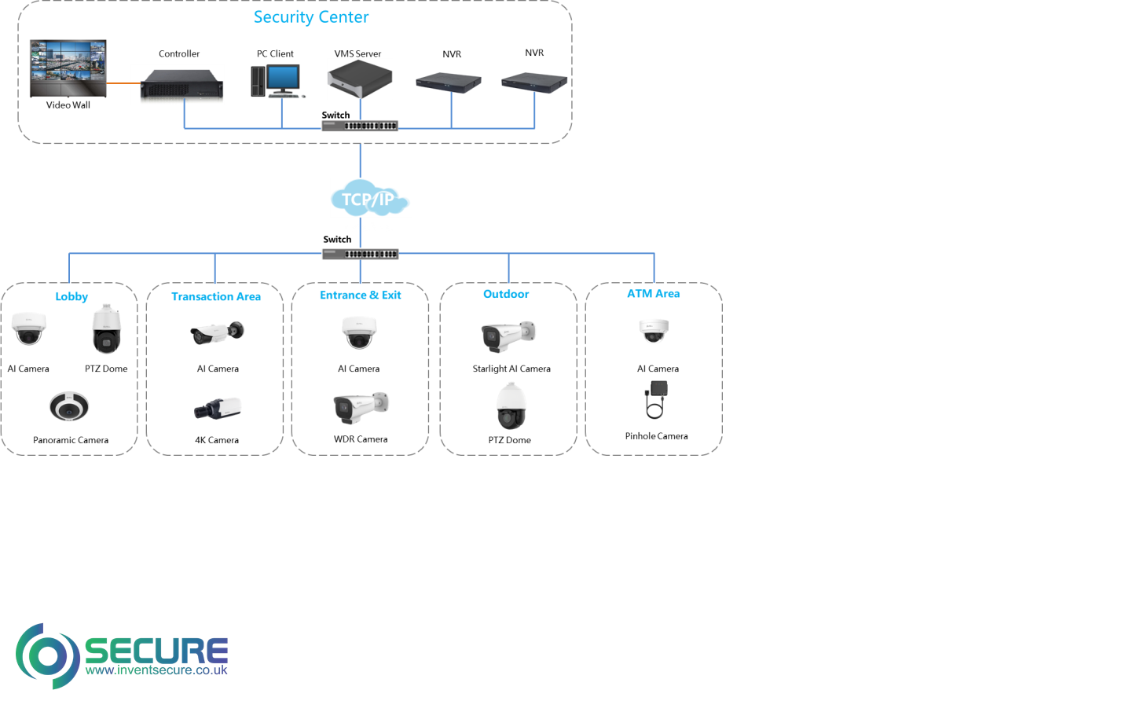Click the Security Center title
(310, 17)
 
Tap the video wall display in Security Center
(68, 68)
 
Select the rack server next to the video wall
(178, 85)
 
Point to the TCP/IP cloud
(370, 198)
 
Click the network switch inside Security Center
(360, 126)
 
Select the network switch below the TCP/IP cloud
(360, 254)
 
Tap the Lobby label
(71, 296)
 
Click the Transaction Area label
(216, 296)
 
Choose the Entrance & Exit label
(360, 295)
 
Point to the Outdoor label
(506, 294)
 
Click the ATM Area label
(653, 293)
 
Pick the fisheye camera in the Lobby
(69, 406)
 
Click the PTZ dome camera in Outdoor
(511, 406)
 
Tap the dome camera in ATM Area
(653, 331)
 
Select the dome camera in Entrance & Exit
(359, 332)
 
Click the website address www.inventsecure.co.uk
(156, 670)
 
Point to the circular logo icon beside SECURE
(47, 655)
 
